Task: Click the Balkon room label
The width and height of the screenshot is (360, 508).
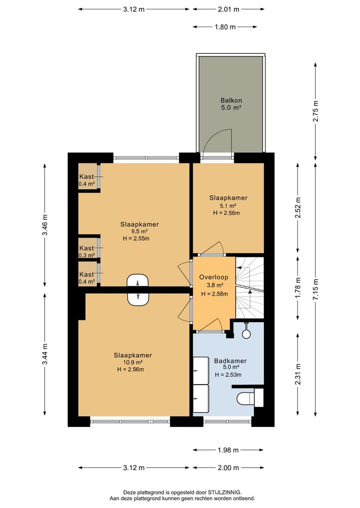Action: click(231, 100)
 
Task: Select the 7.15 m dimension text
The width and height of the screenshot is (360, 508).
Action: click(316, 289)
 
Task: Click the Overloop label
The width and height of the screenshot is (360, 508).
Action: click(213, 277)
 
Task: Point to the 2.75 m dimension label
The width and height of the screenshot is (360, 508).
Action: click(316, 111)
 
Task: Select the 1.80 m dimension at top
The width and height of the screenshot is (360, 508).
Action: click(225, 27)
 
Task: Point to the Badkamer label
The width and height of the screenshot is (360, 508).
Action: click(230, 361)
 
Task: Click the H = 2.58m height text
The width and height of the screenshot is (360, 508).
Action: click(214, 294)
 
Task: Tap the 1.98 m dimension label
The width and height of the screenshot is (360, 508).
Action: click(228, 450)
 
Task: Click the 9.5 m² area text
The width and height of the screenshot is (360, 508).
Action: click(139, 232)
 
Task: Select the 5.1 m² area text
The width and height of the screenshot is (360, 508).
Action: click(227, 206)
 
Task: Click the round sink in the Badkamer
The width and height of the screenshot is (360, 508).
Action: click(246, 333)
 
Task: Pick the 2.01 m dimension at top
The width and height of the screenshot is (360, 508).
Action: click(228, 9)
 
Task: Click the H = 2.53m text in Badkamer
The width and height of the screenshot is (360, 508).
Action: click(228, 375)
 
